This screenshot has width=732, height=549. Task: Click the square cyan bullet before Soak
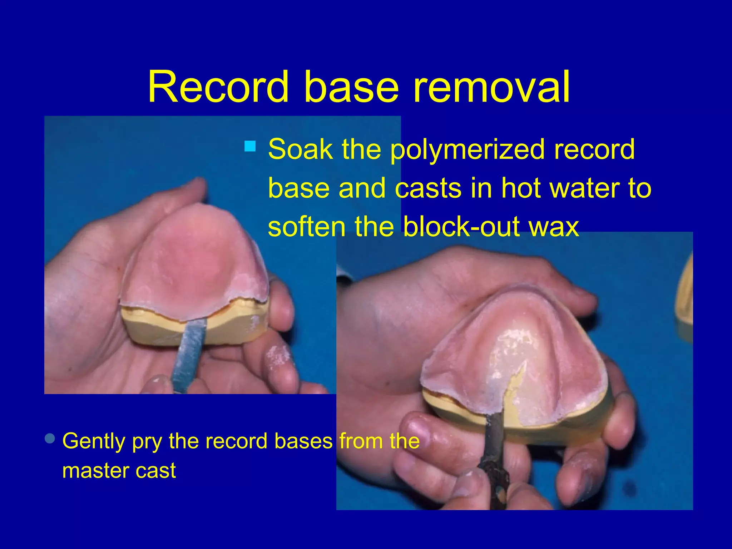click(x=250, y=146)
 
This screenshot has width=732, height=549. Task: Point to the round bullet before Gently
click(x=50, y=439)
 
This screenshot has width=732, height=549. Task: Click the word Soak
click(x=301, y=149)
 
